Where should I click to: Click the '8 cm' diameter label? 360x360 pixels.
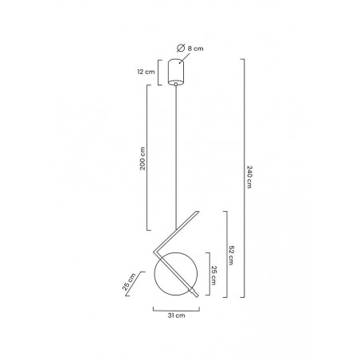pyautogui.click(x=195, y=49)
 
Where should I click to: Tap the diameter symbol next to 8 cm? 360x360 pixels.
pyautogui.click(x=181, y=48)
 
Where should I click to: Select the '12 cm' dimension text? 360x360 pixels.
pyautogui.click(x=146, y=72)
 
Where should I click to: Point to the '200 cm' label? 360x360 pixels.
pyautogui.click(x=143, y=158)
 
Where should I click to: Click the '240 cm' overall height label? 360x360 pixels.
pyautogui.click(x=249, y=177)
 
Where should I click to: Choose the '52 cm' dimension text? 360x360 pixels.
pyautogui.click(x=231, y=255)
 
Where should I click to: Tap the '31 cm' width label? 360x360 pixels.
pyautogui.click(x=176, y=315)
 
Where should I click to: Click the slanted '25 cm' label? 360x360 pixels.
pyautogui.click(x=129, y=282)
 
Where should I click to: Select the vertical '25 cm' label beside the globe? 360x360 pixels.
pyautogui.click(x=213, y=276)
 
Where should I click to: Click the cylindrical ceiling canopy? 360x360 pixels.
pyautogui.click(x=176, y=72)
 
